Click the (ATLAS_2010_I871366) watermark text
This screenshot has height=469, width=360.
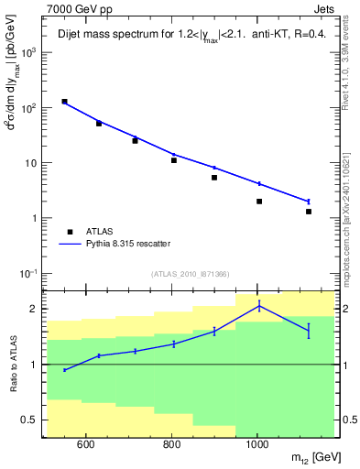click(x=190, y=274)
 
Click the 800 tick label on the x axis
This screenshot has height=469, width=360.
click(x=172, y=445)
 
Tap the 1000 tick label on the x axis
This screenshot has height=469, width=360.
click(x=257, y=445)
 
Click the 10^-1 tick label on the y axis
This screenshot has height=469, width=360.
click(x=29, y=274)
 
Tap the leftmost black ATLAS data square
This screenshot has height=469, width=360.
click(x=64, y=102)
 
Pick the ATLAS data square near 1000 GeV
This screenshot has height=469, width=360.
click(x=259, y=202)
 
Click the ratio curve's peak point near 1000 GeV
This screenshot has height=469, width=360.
click(x=259, y=306)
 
